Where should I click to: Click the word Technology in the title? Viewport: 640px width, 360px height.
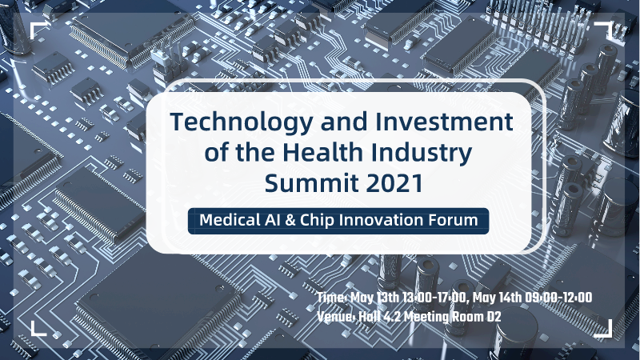pyautogui.click(x=242, y=122)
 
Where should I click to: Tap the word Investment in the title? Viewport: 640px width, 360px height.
pyautogui.click(x=444, y=122)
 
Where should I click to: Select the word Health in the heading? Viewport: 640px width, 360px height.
pyautogui.click(x=323, y=152)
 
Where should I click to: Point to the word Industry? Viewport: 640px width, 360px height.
pyautogui.click(x=422, y=153)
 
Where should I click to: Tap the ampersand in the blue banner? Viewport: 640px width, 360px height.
pyautogui.click(x=290, y=221)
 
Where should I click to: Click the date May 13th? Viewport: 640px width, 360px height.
pyautogui.click(x=374, y=298)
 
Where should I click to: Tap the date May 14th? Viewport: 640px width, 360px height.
pyautogui.click(x=497, y=298)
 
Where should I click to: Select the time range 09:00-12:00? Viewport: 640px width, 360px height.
pyautogui.click(x=558, y=298)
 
